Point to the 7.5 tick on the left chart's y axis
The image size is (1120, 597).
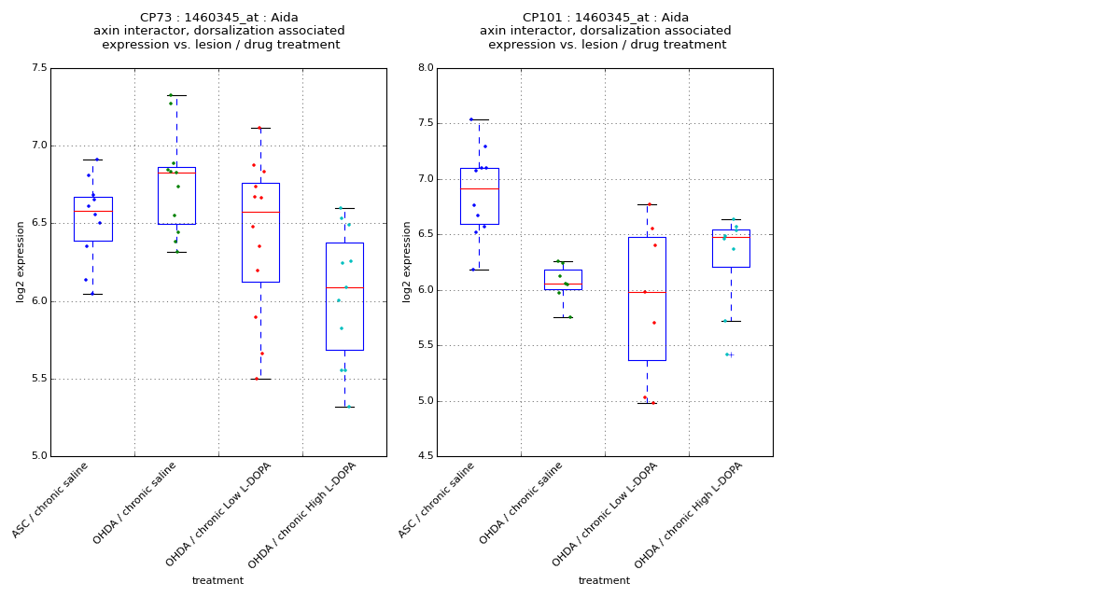point(38,68)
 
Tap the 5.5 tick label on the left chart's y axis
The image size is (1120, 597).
point(38,379)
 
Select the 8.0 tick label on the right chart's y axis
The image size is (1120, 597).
point(425,68)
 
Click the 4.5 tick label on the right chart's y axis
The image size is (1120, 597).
point(425,456)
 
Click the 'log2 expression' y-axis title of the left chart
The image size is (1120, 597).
point(21,261)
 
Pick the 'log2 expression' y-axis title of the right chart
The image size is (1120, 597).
point(407,261)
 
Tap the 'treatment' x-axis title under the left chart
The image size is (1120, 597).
point(217,580)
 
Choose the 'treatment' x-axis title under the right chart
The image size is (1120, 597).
point(604,580)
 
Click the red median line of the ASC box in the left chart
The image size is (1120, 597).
point(92,211)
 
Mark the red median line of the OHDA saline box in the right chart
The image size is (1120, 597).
point(563,284)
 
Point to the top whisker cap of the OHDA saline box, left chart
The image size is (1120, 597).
point(176,95)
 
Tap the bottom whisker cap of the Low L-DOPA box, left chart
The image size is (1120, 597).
point(260,379)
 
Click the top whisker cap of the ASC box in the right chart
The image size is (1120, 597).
point(479,119)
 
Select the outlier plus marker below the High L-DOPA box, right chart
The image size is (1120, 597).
point(731,354)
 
